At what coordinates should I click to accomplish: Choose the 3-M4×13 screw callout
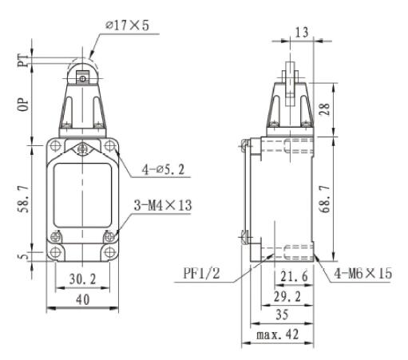point(164,206)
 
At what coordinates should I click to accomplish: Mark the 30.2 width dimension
point(81,280)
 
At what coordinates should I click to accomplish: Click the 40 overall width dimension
point(81,299)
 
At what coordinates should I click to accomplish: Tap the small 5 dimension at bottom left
point(24,255)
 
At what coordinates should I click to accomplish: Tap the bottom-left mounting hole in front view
point(55,254)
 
